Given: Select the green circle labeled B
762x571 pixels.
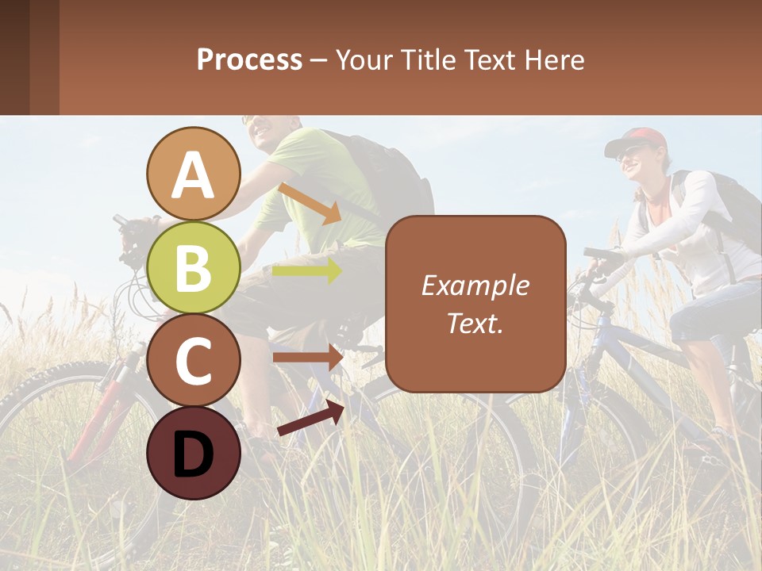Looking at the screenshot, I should pyautogui.click(x=193, y=267).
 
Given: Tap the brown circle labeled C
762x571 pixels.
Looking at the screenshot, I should pyautogui.click(x=193, y=360).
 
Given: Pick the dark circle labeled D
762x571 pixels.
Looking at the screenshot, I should pyautogui.click(x=193, y=453).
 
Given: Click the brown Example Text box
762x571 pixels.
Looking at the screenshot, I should pyautogui.click(x=475, y=304).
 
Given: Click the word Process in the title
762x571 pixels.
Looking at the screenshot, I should pyautogui.click(x=249, y=59).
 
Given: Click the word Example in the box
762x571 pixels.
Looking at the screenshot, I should pyautogui.click(x=475, y=285).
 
